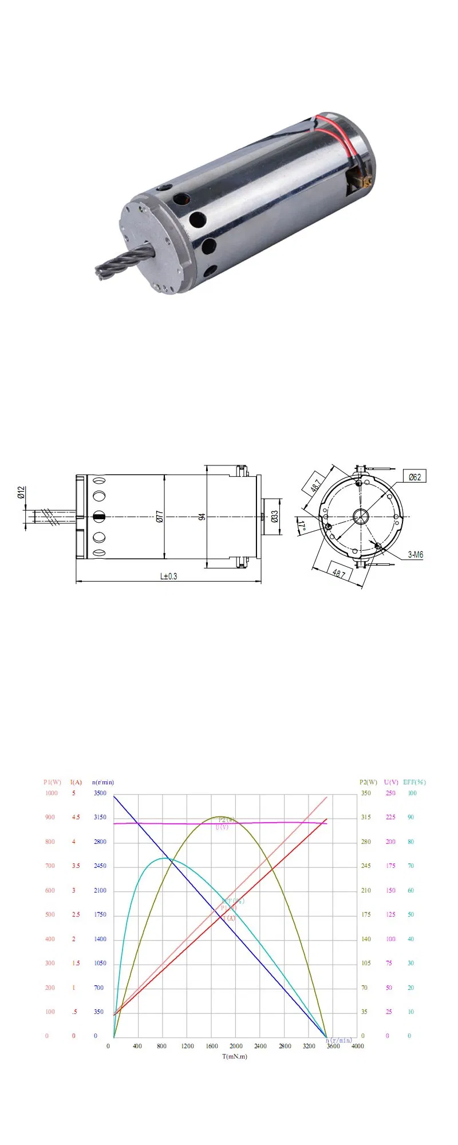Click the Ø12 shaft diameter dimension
click(x=21, y=492)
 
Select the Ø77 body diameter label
click(x=160, y=516)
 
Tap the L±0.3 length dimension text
click(x=168, y=576)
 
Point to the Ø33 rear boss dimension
click(x=275, y=516)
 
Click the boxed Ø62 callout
click(x=414, y=477)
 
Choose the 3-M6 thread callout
click(x=416, y=555)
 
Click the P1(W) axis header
click(x=52, y=782)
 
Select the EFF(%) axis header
click(x=414, y=782)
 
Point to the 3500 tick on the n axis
click(x=100, y=793)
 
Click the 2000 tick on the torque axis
click(x=236, y=1046)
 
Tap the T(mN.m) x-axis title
click(x=235, y=1056)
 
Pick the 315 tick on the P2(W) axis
click(x=366, y=817)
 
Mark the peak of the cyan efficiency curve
click(x=164, y=858)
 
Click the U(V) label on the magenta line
click(x=222, y=828)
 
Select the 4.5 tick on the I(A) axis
click(x=76, y=817)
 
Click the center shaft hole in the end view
click(x=360, y=516)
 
